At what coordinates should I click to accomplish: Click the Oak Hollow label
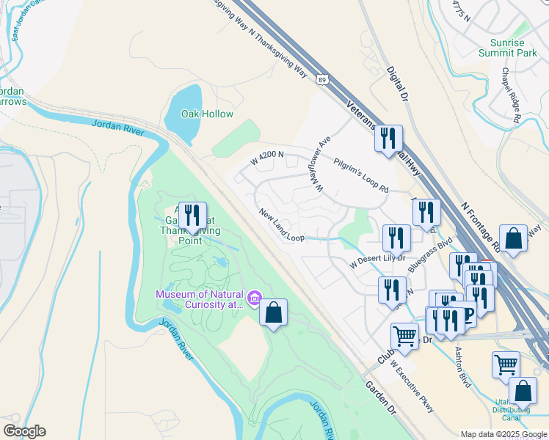click(x=208, y=114)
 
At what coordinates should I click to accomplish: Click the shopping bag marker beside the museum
click(x=273, y=312)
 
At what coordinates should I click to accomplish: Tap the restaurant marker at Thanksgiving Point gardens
click(x=192, y=214)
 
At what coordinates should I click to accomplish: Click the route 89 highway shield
click(x=324, y=78)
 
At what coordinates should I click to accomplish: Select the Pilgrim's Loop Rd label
click(x=360, y=175)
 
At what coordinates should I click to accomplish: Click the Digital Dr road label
click(x=396, y=83)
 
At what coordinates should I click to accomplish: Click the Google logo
click(x=24, y=431)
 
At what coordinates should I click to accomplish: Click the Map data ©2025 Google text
click(x=503, y=433)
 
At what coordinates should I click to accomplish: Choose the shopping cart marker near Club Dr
click(x=404, y=336)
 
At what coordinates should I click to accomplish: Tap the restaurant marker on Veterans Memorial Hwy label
click(x=389, y=139)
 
